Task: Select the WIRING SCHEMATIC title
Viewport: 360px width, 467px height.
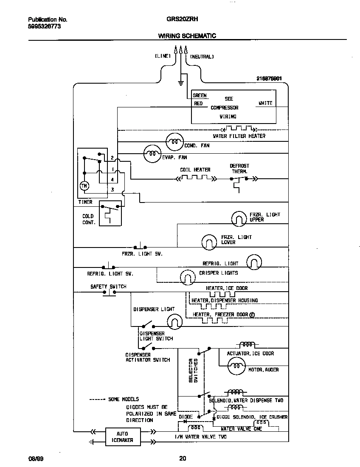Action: tap(187, 36)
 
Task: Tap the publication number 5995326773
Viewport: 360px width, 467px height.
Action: tap(45, 26)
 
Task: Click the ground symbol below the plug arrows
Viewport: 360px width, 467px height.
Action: tap(181, 82)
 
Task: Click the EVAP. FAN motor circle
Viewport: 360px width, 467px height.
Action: tap(152, 154)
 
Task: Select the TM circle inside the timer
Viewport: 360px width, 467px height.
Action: tap(84, 186)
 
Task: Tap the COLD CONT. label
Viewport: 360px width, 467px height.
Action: tap(88, 219)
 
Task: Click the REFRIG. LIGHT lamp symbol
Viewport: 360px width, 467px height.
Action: tap(254, 262)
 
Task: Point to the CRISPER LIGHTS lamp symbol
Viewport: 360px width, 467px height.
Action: tap(187, 278)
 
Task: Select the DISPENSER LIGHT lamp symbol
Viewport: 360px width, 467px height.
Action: tap(174, 322)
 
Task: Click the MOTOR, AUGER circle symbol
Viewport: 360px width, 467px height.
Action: tap(236, 366)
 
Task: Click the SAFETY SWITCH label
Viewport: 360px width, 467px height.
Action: tap(108, 287)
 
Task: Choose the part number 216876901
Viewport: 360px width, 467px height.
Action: tap(269, 79)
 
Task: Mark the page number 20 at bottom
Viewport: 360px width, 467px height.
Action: tap(182, 458)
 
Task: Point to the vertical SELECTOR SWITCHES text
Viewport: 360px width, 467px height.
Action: tap(193, 370)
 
